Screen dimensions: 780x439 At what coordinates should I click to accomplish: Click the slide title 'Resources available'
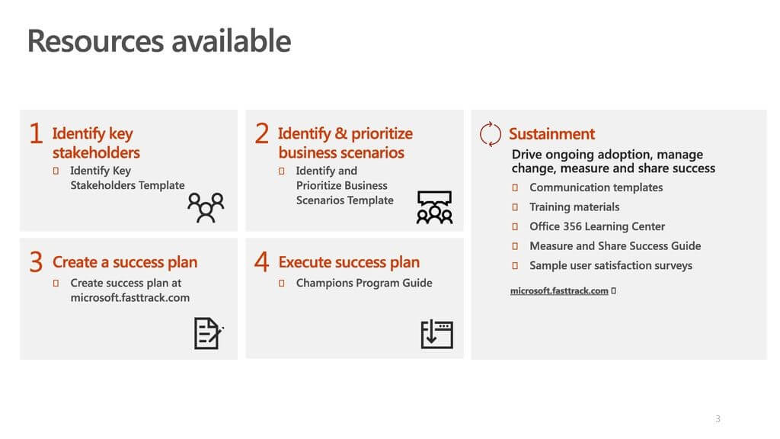[x=159, y=41]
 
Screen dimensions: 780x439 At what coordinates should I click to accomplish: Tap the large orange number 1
[x=36, y=133]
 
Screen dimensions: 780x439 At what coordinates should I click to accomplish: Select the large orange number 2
[x=262, y=133]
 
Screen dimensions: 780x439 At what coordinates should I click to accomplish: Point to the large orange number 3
[x=36, y=262]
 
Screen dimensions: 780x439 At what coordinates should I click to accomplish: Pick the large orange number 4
[x=262, y=262]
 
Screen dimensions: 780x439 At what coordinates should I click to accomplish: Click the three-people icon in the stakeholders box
[x=206, y=207]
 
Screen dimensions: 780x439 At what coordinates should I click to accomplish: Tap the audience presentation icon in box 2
[x=434, y=207]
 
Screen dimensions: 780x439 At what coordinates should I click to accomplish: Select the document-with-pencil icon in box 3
[x=209, y=333]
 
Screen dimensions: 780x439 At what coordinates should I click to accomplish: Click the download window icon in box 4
[x=436, y=334]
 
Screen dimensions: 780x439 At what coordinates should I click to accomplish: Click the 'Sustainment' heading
[x=551, y=134]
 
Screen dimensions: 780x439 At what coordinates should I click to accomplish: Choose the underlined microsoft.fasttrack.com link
[x=559, y=290]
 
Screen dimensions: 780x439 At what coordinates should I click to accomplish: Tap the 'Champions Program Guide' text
[x=364, y=283]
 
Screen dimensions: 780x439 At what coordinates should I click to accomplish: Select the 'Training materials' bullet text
[x=574, y=207]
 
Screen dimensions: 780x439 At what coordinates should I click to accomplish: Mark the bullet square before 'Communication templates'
[x=515, y=187]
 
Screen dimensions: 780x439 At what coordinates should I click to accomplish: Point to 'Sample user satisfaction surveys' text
[x=611, y=266]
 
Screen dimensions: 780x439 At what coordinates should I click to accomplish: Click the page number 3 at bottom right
[x=718, y=419]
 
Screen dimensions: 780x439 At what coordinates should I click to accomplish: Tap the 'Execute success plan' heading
[x=349, y=262]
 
